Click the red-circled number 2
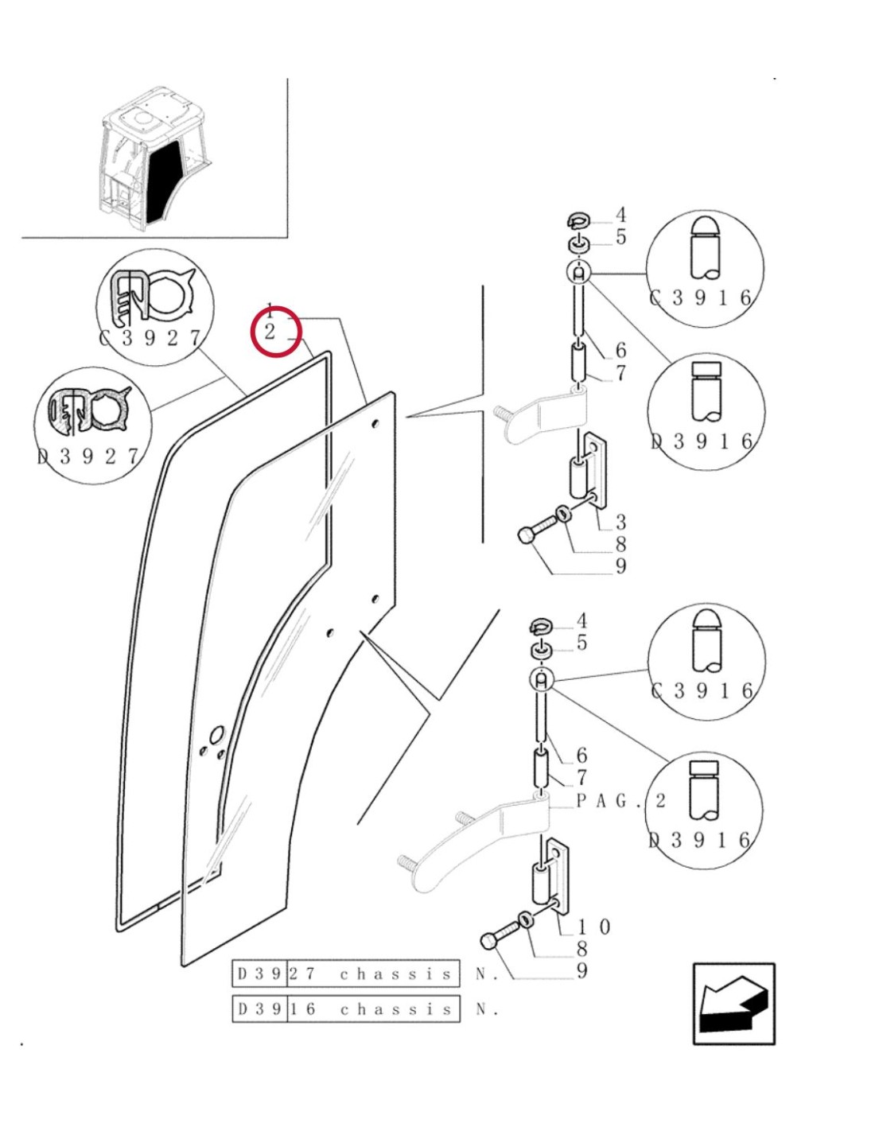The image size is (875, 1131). click(270, 332)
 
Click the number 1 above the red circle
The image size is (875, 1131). click(270, 309)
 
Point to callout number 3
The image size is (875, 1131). click(620, 522)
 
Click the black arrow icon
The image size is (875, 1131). click(733, 1004)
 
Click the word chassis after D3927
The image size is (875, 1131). click(395, 974)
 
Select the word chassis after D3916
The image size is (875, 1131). click(395, 1009)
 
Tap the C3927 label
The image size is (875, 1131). click(151, 338)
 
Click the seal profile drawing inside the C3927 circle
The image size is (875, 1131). click(153, 296)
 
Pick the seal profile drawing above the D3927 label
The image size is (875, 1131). click(89, 411)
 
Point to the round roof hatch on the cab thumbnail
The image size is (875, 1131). click(142, 118)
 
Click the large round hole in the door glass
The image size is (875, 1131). click(216, 731)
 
